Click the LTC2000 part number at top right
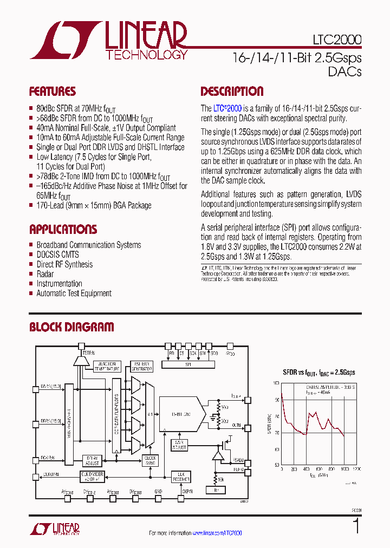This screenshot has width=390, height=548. (337, 40)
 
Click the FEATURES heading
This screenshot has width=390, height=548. (53, 92)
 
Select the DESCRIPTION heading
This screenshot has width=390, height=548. (232, 92)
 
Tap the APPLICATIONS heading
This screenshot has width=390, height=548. (63, 229)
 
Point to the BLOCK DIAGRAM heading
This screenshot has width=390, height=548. (71, 327)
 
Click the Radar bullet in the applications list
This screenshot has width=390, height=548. (45, 274)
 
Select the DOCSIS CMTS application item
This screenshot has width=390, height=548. (57, 255)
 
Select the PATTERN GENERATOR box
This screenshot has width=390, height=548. (142, 366)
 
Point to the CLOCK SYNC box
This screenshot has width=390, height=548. (150, 460)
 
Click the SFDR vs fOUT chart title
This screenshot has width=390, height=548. (319, 373)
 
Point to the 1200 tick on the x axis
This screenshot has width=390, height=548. (355, 469)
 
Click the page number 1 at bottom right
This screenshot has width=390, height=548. (356, 526)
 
